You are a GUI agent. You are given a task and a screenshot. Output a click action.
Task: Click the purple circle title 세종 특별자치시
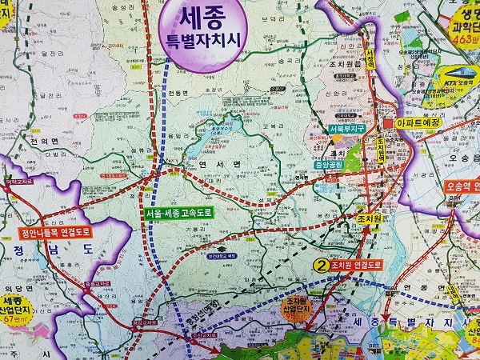point(202,30)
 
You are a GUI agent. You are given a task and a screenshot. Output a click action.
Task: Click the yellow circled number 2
point(322,266)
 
